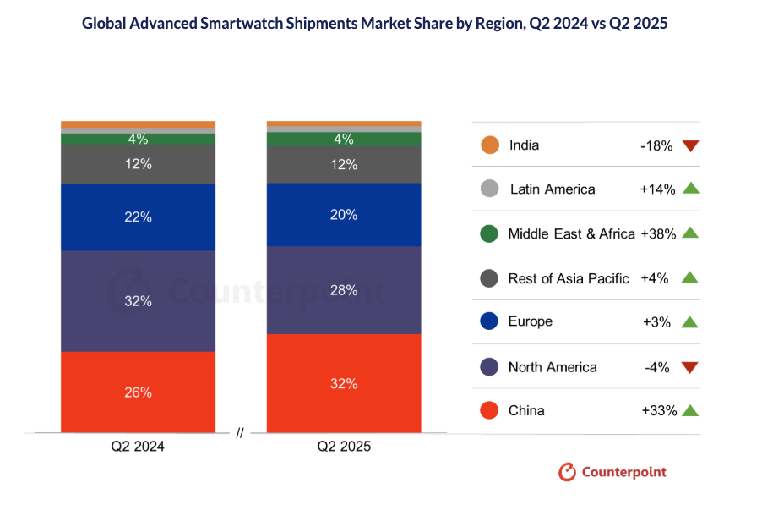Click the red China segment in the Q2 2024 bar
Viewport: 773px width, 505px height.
(x=139, y=392)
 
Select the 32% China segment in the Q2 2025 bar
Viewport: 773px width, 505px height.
(x=344, y=383)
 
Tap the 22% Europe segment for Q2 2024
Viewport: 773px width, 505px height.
(x=139, y=217)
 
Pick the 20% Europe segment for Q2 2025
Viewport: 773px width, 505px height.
(x=344, y=214)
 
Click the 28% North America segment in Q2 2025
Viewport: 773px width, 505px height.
(x=344, y=290)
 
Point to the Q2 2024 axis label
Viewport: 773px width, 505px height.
(x=139, y=447)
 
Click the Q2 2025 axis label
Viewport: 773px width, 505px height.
(x=344, y=447)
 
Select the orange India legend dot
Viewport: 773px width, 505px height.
(x=488, y=145)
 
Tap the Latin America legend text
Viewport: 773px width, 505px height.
(x=553, y=189)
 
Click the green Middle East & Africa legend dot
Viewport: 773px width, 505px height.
(x=488, y=233)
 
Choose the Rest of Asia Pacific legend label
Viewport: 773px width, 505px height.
(x=569, y=278)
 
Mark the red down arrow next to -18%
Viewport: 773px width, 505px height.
(x=691, y=146)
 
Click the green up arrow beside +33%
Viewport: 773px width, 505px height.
(x=690, y=410)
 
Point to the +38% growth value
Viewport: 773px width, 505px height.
(x=659, y=233)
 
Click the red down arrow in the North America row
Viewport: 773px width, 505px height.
(x=691, y=368)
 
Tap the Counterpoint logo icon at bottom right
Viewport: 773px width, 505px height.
(x=567, y=472)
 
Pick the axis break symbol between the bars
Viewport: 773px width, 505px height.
(x=241, y=433)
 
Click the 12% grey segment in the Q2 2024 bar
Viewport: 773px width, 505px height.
(x=139, y=164)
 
